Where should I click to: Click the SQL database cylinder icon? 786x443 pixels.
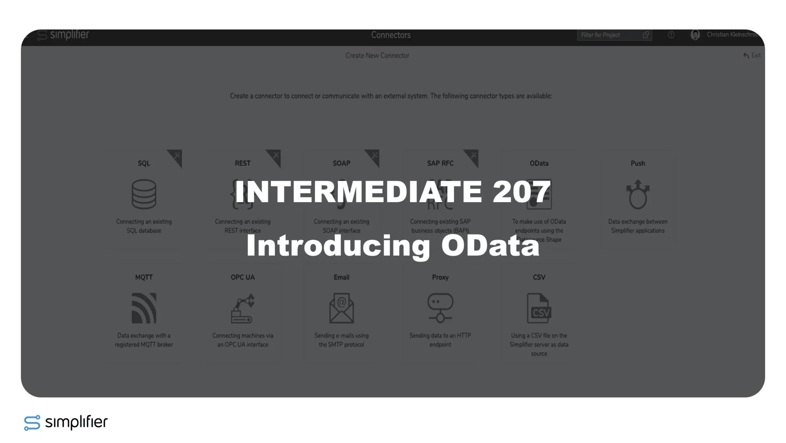tap(144, 194)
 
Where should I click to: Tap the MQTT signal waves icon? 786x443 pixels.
tap(144, 308)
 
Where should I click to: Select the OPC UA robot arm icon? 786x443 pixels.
tap(243, 308)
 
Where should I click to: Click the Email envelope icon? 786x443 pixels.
tap(341, 308)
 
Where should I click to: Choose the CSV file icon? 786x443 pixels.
tap(539, 308)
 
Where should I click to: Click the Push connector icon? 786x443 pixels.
tap(638, 194)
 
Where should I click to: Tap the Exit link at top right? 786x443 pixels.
tap(752, 56)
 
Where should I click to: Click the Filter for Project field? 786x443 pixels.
tap(610, 35)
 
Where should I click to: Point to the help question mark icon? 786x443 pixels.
tap(671, 35)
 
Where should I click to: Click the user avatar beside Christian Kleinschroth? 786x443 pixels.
tap(695, 35)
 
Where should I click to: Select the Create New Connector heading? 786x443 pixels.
tap(377, 56)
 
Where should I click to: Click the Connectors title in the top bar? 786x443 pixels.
tap(391, 35)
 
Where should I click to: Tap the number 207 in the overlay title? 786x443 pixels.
tap(522, 191)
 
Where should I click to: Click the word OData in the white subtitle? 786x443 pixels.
tap(490, 246)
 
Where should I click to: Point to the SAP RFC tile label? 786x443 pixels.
tap(440, 163)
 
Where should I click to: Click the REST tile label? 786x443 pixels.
tap(243, 163)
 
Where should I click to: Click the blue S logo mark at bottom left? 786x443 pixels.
tap(32, 422)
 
